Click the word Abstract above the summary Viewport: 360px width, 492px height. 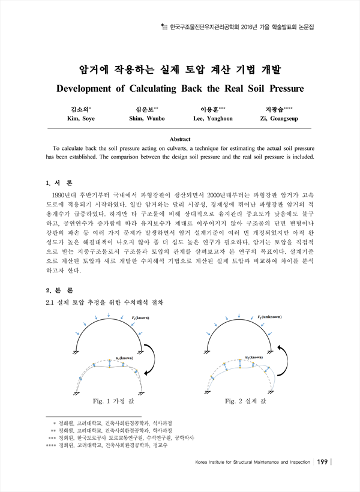(180, 139)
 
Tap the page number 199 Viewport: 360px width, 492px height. (322, 462)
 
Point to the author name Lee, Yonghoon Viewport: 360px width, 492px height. (213, 119)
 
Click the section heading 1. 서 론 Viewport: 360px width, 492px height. (59, 182)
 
